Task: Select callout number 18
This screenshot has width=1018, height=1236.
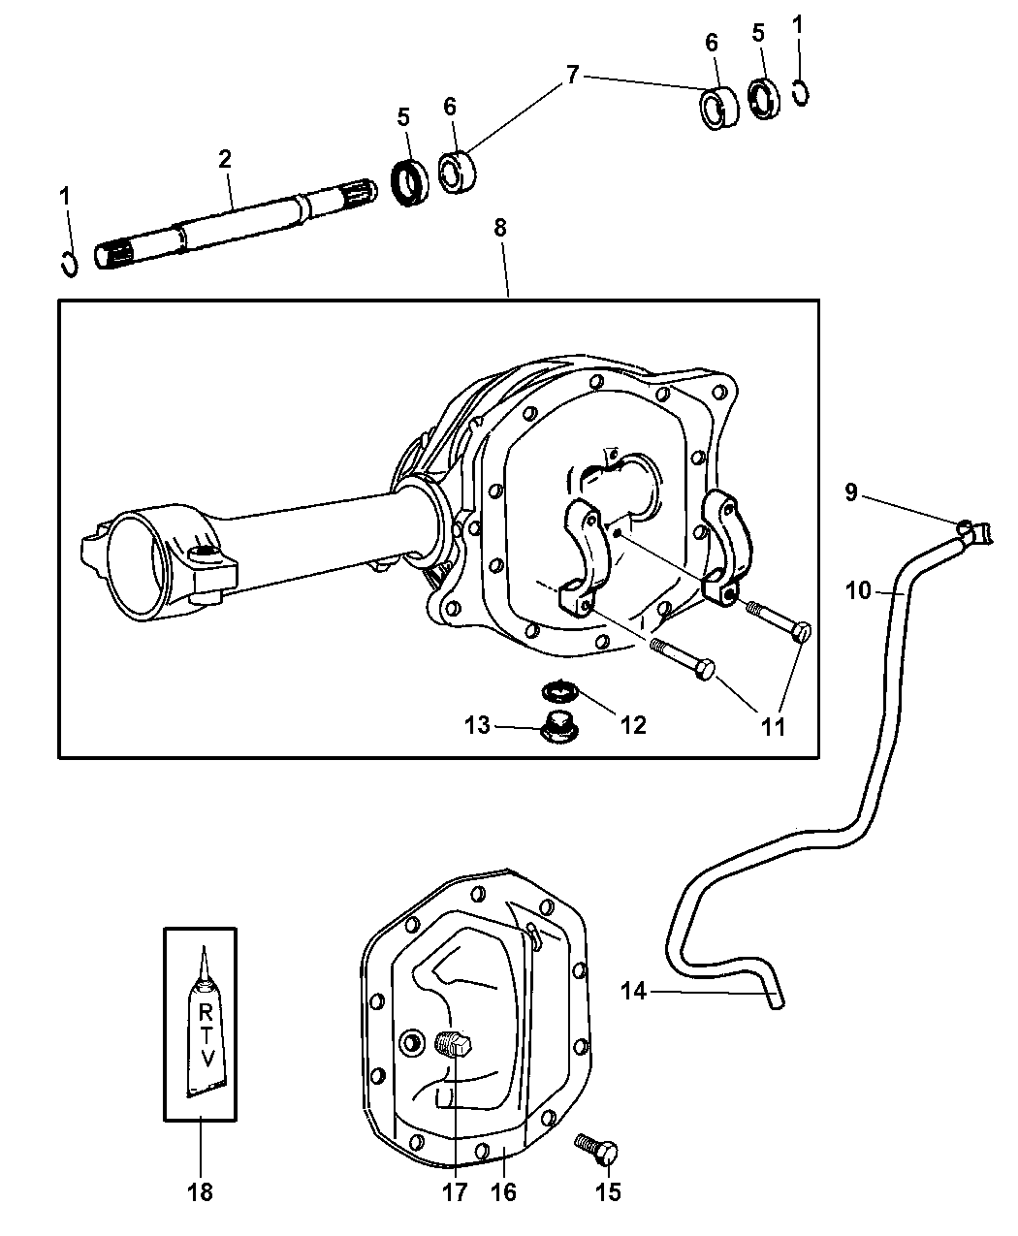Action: point(200,1192)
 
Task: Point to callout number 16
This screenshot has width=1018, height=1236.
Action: point(503,1192)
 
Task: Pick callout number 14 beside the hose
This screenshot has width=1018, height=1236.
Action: point(634,991)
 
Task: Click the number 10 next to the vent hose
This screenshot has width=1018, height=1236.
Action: point(859,590)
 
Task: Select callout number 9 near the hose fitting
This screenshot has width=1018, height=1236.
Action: point(851,491)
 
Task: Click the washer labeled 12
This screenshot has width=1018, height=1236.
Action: point(559,691)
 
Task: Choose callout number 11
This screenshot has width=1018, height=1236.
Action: point(773,726)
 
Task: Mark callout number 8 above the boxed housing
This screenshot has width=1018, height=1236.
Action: point(500,227)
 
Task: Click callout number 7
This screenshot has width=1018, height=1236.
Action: point(572,76)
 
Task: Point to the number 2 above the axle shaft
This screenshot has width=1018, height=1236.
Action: point(225,159)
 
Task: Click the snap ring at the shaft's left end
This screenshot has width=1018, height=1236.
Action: point(70,263)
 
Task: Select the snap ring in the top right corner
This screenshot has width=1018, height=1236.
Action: point(801,93)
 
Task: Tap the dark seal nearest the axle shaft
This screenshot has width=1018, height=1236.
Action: point(410,182)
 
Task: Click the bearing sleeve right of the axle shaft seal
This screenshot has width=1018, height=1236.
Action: point(458,173)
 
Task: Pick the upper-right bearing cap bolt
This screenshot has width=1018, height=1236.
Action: point(779,621)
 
